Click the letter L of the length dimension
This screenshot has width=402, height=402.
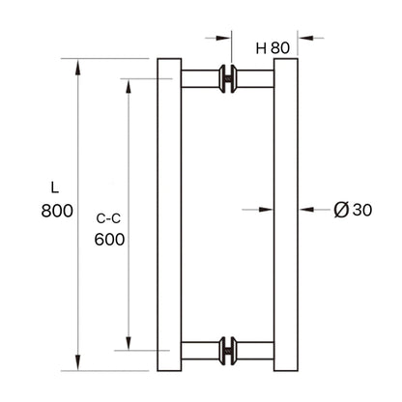click(x=57, y=187)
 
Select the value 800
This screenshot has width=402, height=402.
click(x=57, y=214)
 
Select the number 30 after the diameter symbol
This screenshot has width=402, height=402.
click(x=360, y=209)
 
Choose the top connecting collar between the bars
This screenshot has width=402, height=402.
click(x=229, y=79)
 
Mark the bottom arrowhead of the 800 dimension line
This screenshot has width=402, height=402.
click(x=77, y=364)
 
